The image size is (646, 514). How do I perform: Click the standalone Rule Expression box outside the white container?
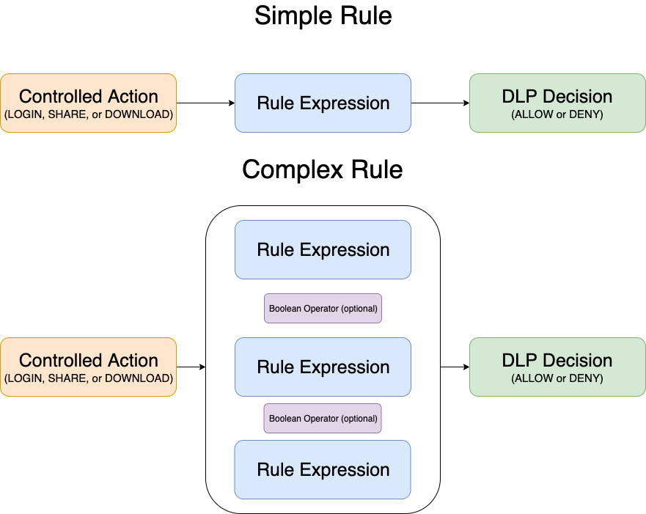click(323, 103)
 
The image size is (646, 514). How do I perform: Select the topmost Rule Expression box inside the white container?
click(323, 249)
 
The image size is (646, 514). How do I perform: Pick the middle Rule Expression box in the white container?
click(323, 367)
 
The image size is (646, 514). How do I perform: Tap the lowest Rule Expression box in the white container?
click(323, 469)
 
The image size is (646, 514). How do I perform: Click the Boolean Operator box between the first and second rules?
click(323, 309)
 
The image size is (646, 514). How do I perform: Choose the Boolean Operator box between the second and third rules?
click(323, 419)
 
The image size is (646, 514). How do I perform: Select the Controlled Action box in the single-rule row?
click(88, 103)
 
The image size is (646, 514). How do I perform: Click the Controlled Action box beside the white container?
click(88, 367)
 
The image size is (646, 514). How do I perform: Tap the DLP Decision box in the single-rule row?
click(557, 103)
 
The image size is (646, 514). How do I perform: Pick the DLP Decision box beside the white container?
click(557, 367)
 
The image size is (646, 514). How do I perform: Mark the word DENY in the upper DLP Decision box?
click(586, 114)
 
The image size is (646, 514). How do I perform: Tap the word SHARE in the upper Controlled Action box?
click(67, 114)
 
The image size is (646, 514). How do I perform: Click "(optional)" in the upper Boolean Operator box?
click(359, 309)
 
